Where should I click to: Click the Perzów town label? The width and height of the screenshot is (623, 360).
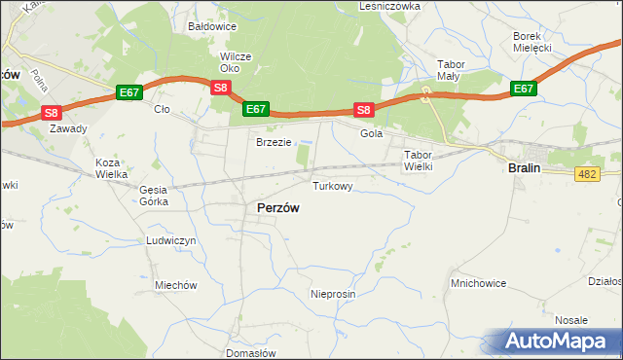[277, 207]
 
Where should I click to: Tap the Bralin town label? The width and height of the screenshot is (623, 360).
[524, 167]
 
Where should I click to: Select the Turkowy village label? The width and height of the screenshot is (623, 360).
[332, 185]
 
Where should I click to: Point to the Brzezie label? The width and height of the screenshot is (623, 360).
[274, 142]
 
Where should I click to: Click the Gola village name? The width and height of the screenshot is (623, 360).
[371, 134]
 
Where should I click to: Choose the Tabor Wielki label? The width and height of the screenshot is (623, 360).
[418, 161]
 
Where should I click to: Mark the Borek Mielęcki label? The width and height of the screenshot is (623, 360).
[532, 42]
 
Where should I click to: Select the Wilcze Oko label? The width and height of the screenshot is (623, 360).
[236, 62]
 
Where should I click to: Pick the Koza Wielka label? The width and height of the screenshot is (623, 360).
[111, 168]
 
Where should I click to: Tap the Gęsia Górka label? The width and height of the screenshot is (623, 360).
[154, 196]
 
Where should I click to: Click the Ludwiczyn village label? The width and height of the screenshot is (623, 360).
[171, 239]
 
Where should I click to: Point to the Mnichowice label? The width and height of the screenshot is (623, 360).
[476, 283]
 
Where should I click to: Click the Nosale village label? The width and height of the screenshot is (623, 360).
[571, 320]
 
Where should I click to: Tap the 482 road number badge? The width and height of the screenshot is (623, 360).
[586, 173]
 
